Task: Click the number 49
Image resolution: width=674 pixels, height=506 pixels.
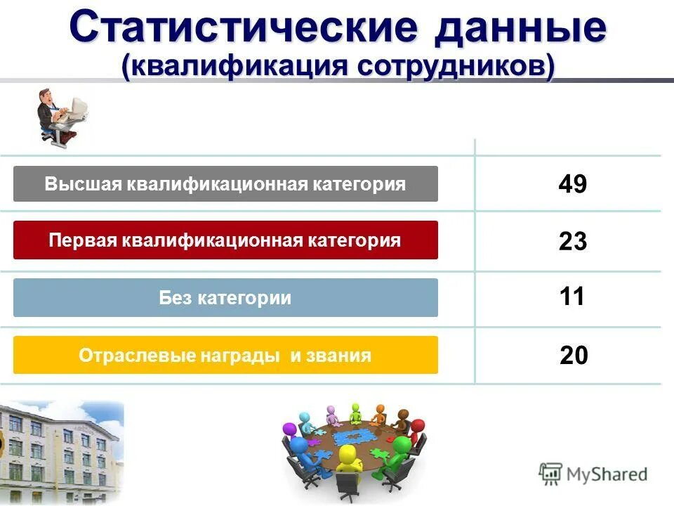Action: [572, 185]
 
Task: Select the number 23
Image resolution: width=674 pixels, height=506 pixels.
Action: [572, 242]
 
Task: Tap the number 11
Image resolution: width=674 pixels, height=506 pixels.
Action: [572, 297]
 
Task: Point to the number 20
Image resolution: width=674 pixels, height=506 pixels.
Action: [574, 356]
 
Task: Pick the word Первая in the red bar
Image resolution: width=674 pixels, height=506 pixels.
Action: [83, 240]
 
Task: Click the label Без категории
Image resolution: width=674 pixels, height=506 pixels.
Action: [225, 298]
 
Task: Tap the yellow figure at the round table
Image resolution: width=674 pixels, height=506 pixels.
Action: [348, 460]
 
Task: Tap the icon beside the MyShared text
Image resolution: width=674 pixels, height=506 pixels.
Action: [550, 474]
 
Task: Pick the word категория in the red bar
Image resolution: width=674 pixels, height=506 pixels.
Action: [357, 240]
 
